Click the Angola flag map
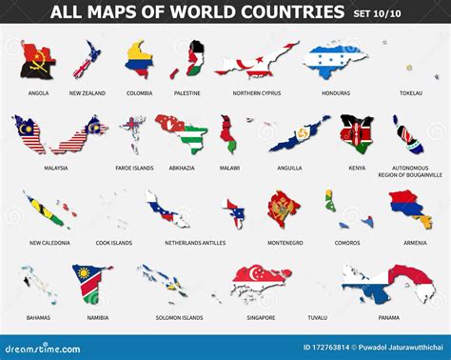tap(38, 61)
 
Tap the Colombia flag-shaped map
tap(139, 59)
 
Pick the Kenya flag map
tap(357, 135)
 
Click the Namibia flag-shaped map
tap(90, 283)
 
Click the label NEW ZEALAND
tap(88, 93)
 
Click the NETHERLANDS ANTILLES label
tap(167, 243)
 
